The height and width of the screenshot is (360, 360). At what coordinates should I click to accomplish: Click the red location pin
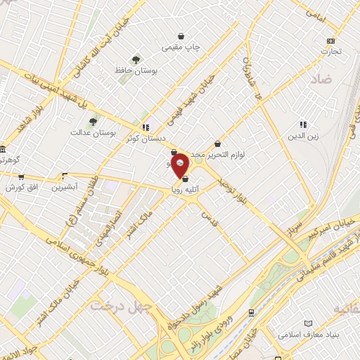coord(180,164)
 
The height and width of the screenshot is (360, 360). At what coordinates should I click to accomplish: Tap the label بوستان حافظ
coord(136,71)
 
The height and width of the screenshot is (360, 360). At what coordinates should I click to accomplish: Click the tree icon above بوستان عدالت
coord(94,121)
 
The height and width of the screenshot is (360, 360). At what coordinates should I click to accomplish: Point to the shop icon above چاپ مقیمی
coord(181,35)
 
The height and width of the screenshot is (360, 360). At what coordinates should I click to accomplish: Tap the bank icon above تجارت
coord(331,40)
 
